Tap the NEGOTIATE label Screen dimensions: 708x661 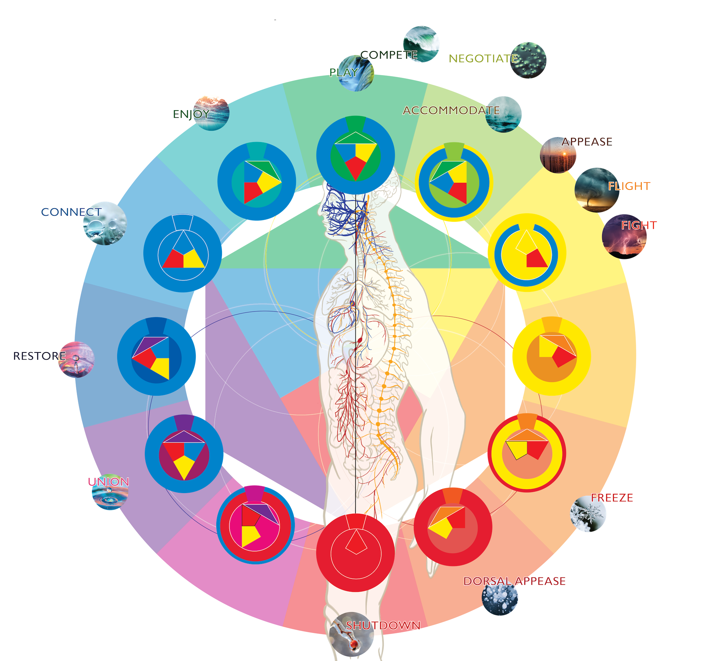click(483, 58)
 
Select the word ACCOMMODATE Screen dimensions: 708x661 click(451, 111)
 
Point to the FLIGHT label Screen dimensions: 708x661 click(629, 186)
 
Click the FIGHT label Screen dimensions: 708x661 click(639, 225)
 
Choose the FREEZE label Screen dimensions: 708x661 click(612, 498)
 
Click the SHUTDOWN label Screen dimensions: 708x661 click(383, 625)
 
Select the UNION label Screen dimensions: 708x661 click(108, 482)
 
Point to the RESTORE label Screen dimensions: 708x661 click(39, 356)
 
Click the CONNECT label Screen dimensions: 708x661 click(71, 212)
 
